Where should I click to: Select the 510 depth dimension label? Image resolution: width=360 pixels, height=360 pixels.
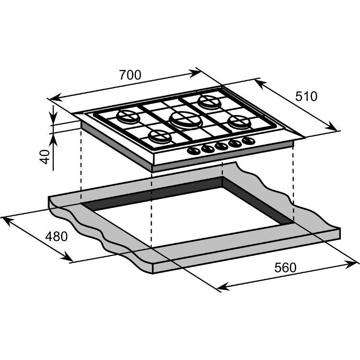click(306, 96)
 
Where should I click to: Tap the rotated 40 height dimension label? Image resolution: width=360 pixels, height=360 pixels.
click(45, 156)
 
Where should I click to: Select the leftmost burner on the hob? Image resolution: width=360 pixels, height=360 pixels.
click(127, 117)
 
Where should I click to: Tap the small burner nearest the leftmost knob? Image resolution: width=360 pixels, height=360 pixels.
click(159, 136)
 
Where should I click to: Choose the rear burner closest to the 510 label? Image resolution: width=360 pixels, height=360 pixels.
click(209, 102)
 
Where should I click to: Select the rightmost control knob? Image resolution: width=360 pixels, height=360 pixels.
click(248, 141)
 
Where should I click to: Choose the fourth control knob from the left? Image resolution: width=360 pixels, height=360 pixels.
click(235, 144)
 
